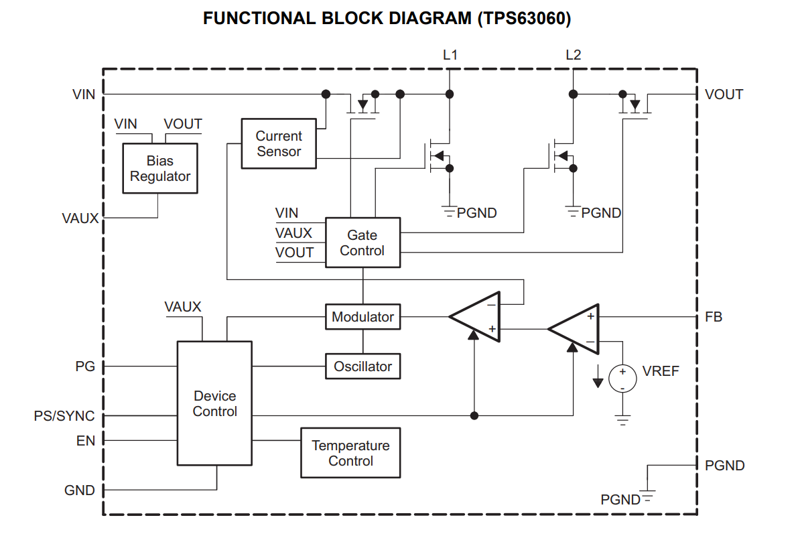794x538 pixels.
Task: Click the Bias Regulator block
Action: pyautogui.click(x=160, y=169)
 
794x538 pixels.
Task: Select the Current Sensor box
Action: pyautogui.click(x=278, y=144)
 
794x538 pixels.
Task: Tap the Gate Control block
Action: pyautogui.click(x=362, y=243)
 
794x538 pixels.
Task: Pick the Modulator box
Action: pyautogui.click(x=362, y=317)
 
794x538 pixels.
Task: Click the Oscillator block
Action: pyautogui.click(x=362, y=366)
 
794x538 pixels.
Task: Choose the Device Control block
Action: pyautogui.click(x=214, y=403)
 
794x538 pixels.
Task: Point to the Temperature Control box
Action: pyautogui.click(x=350, y=454)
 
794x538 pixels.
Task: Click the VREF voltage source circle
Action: pyautogui.click(x=622, y=379)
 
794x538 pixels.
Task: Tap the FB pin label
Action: pyautogui.click(x=714, y=317)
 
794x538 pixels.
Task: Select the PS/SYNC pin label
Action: pyautogui.click(x=64, y=416)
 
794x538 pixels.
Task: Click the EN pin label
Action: pyautogui.click(x=86, y=441)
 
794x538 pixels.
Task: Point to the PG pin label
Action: pyautogui.click(x=85, y=366)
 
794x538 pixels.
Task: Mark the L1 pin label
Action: pyautogui.click(x=450, y=55)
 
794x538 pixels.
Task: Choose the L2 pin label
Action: pyautogui.click(x=574, y=55)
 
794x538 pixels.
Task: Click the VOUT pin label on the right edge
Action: pyautogui.click(x=724, y=94)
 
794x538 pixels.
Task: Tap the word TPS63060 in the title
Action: pyautogui.click(x=524, y=19)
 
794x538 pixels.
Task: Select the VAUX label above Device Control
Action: pyautogui.click(x=183, y=307)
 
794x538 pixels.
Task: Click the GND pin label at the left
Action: pyautogui.click(x=79, y=490)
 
